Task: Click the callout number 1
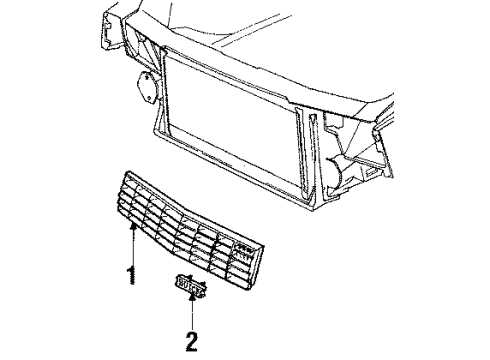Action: point(132,275)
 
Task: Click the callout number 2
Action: point(191,341)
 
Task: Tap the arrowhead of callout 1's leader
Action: point(133,227)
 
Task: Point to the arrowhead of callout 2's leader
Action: point(192,297)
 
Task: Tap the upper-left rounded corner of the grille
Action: point(127,175)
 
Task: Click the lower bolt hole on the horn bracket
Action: point(150,98)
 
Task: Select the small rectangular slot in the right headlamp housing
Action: point(370,173)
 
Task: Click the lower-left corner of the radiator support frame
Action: point(156,133)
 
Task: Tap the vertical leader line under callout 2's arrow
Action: point(192,315)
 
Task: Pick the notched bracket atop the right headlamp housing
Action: point(333,124)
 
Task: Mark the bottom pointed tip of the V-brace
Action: point(309,201)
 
